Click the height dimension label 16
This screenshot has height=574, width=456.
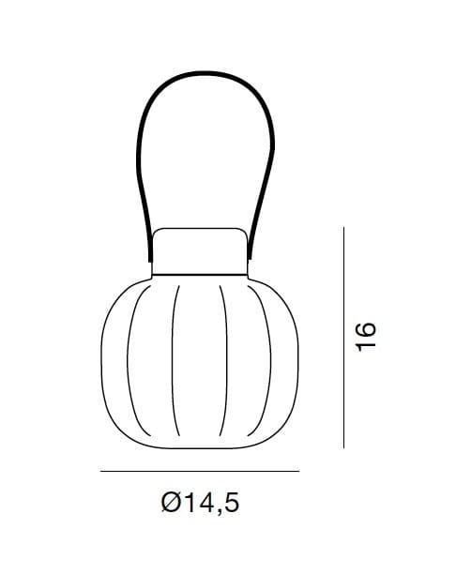(366, 337)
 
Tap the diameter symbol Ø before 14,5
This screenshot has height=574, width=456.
(172, 502)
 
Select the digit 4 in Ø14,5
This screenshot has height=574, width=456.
(207, 502)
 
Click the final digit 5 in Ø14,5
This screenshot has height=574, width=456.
(232, 503)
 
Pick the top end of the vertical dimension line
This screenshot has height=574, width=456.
(344, 227)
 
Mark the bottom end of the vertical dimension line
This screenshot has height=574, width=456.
(344, 447)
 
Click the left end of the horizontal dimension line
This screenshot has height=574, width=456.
(101, 471)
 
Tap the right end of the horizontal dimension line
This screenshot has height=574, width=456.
(299, 471)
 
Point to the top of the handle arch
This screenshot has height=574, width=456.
(205, 73)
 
